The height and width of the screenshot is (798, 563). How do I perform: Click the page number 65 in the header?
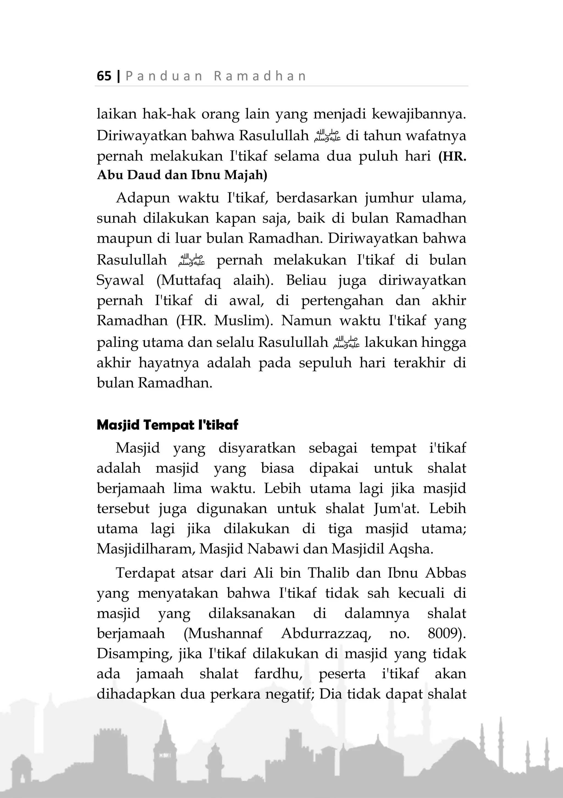click(x=104, y=76)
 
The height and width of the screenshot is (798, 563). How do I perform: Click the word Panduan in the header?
click(x=164, y=76)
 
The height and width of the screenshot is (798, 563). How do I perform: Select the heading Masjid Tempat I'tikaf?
click(x=167, y=425)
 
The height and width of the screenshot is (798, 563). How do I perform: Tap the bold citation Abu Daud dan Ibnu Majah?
click(x=182, y=175)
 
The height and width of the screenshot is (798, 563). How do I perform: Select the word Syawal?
click(x=120, y=280)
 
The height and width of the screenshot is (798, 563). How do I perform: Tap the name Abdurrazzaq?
click(x=326, y=633)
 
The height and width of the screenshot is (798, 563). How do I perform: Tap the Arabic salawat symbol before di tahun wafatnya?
click(x=327, y=136)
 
